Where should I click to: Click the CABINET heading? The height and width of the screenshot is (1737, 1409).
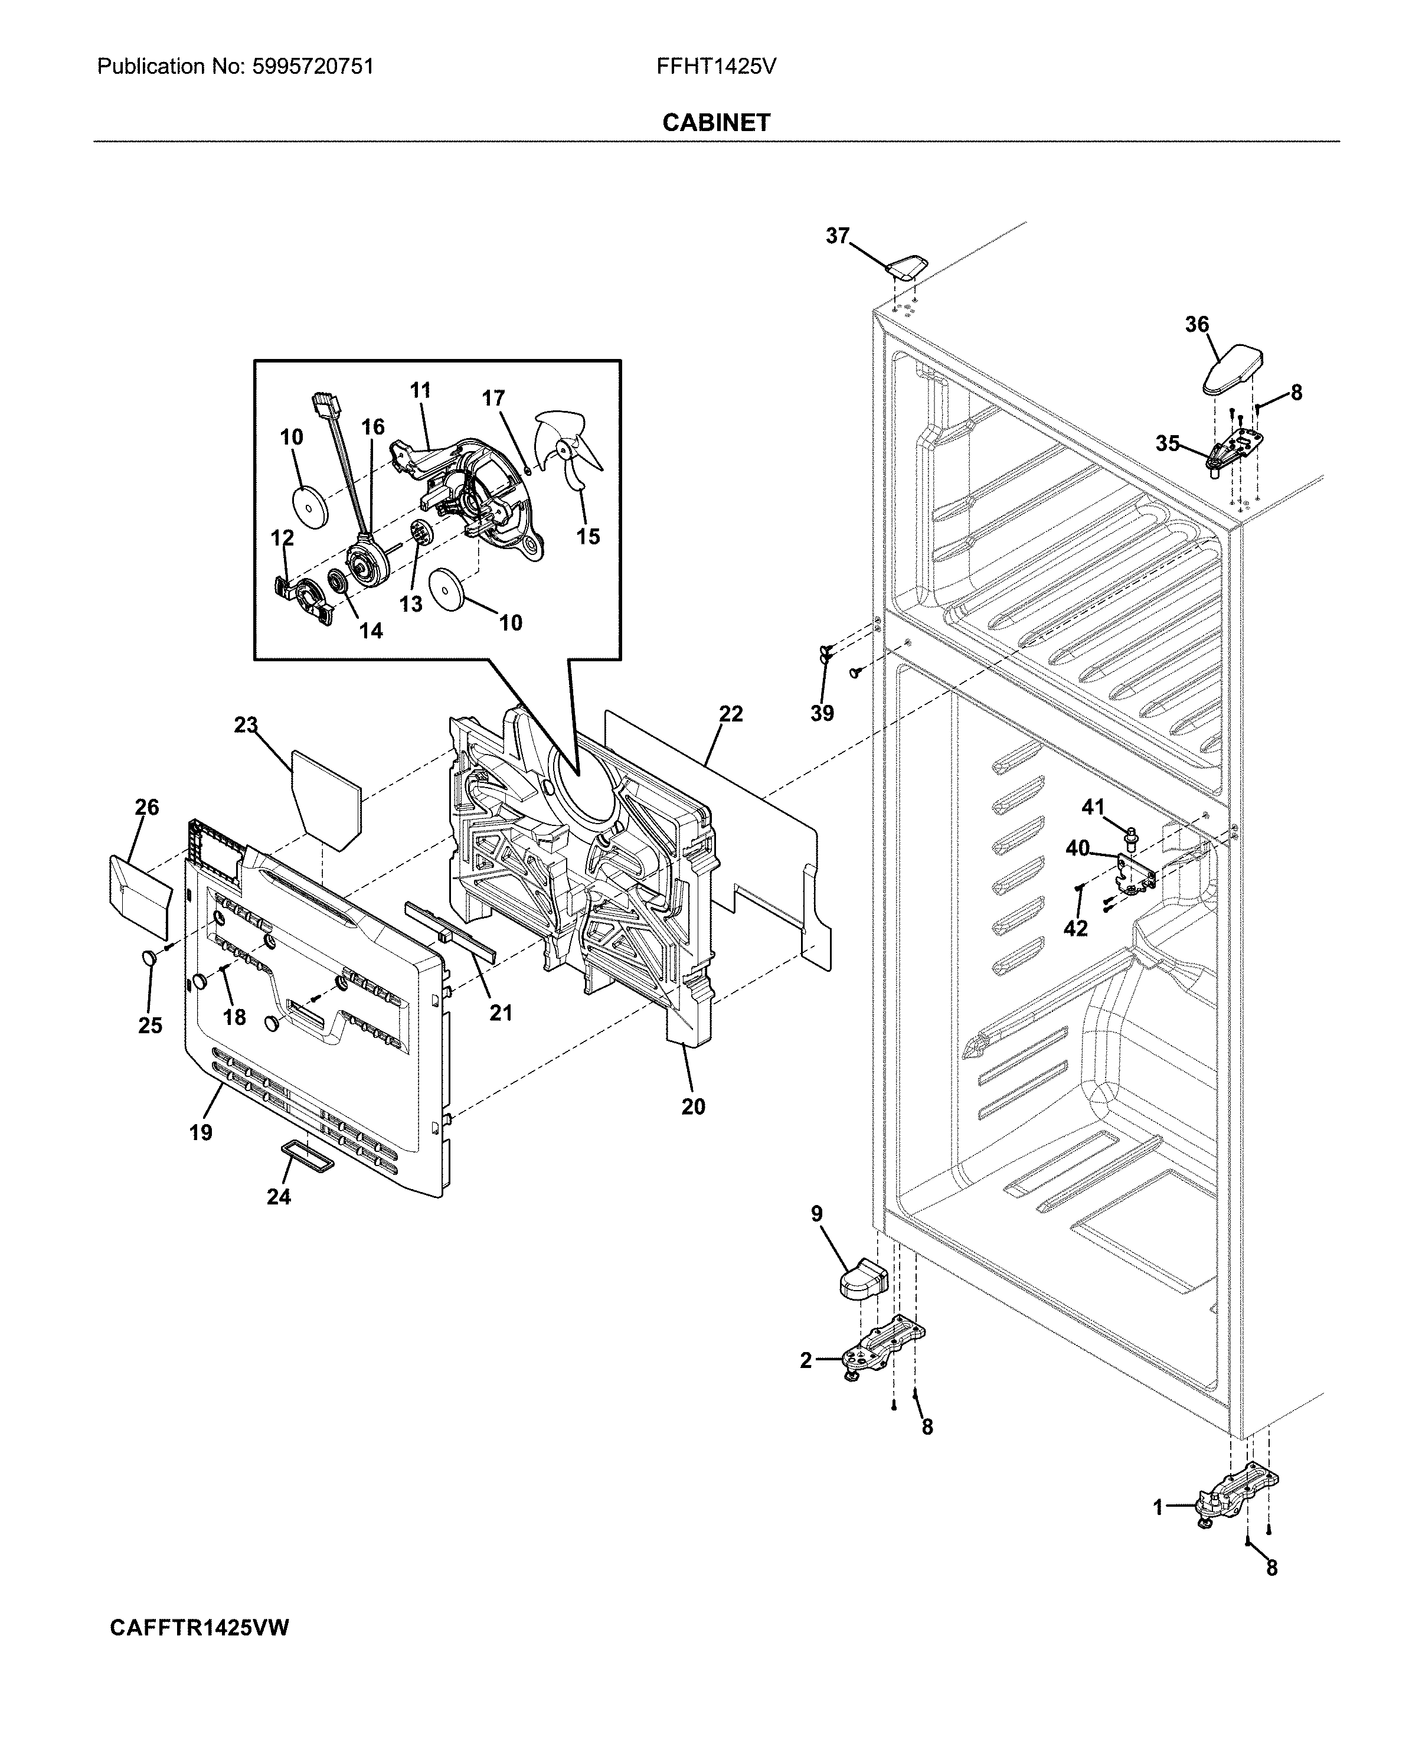coord(716,123)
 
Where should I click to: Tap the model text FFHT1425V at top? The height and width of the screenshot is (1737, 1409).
coord(716,67)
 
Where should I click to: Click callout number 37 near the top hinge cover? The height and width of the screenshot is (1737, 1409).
coord(837,236)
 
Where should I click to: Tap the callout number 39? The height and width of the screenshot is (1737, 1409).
coord(822,713)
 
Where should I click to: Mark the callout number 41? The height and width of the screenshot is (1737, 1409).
coord(1093,808)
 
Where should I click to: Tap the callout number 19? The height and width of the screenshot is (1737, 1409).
coord(201,1132)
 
